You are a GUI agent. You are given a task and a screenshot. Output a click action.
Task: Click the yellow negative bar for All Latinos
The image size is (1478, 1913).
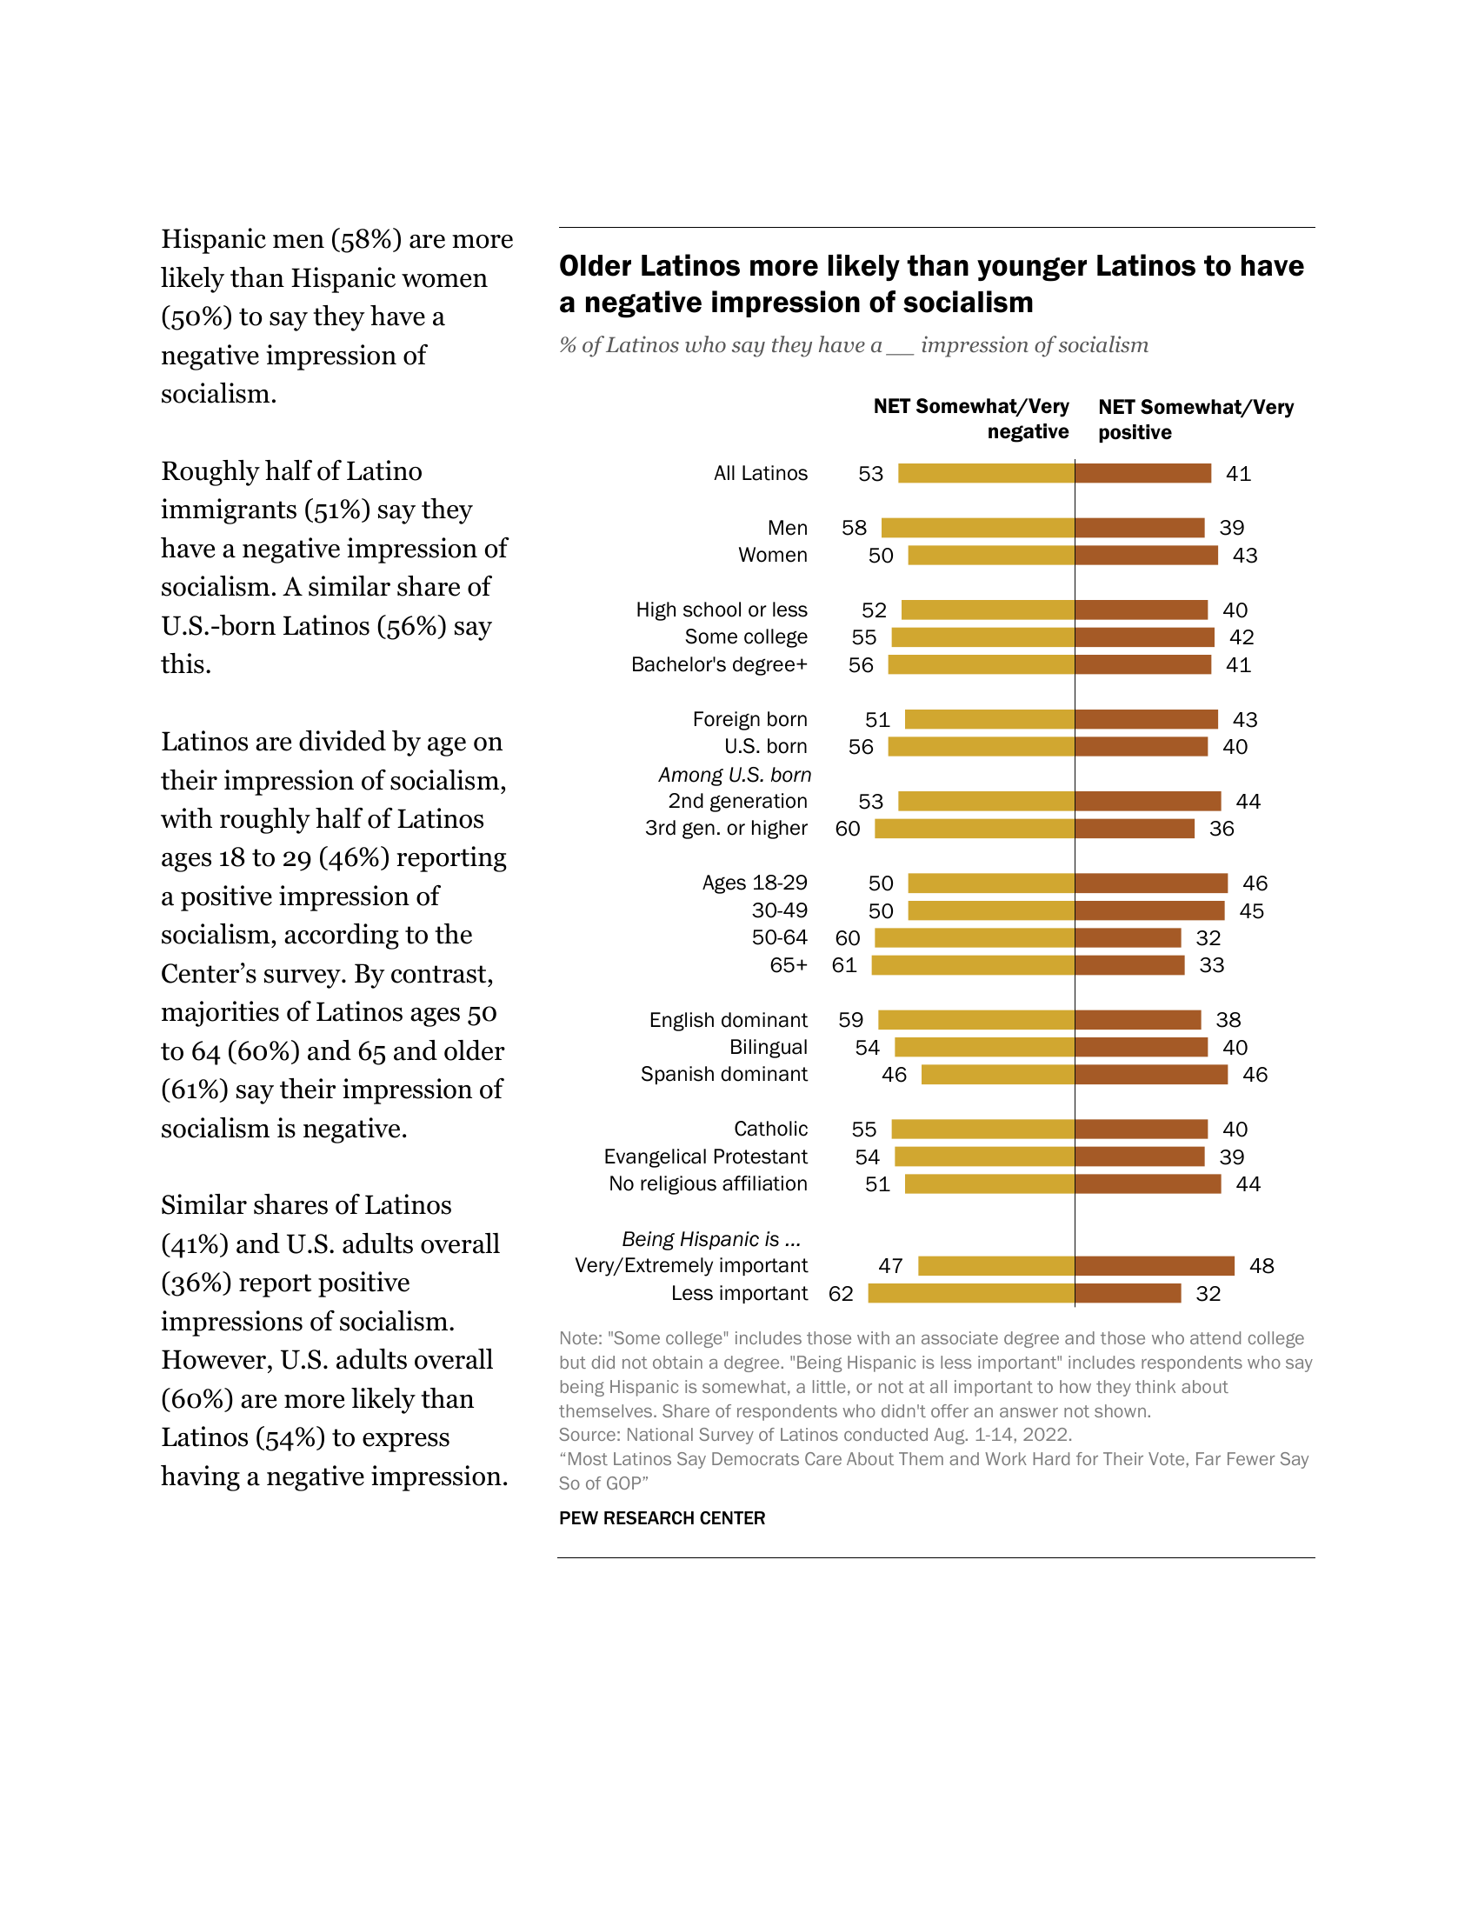pyautogui.click(x=986, y=473)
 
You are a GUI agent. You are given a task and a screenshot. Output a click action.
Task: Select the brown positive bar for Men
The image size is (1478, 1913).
pyautogui.click(x=1139, y=527)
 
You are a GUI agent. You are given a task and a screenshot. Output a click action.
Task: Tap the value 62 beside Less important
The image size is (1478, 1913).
pyautogui.click(x=840, y=1294)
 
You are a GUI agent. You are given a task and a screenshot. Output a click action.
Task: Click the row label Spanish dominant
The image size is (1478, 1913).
pyautogui.click(x=723, y=1074)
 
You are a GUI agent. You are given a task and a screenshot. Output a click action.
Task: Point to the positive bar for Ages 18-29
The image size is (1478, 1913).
pyautogui.click(x=1150, y=883)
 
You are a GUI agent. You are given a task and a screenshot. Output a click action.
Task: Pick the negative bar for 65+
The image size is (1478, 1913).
pyautogui.click(x=973, y=965)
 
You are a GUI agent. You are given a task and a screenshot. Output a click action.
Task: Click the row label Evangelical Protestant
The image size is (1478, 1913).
pyautogui.click(x=705, y=1156)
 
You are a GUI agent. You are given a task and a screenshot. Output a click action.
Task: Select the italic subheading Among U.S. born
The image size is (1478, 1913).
pyautogui.click(x=734, y=774)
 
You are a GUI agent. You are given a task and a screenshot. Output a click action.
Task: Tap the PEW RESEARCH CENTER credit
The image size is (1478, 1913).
pyautogui.click(x=661, y=1518)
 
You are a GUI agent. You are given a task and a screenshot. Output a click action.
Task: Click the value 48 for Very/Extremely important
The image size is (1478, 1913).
pyautogui.click(x=1261, y=1266)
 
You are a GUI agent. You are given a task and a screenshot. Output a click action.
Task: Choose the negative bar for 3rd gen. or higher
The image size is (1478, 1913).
pyautogui.click(x=975, y=829)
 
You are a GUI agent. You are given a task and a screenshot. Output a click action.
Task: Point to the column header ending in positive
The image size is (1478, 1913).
pyautogui.click(x=1195, y=420)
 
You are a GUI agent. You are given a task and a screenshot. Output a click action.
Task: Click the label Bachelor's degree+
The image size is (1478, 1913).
pyautogui.click(x=718, y=665)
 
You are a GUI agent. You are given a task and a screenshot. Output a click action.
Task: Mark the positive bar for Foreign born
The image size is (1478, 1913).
pyautogui.click(x=1146, y=719)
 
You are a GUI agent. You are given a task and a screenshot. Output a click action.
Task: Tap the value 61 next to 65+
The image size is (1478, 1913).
pyautogui.click(x=843, y=965)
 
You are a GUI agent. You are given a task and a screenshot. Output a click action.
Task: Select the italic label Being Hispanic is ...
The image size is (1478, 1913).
pyautogui.click(x=710, y=1238)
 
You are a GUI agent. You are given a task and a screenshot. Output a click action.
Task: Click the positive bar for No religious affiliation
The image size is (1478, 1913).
pyautogui.click(x=1147, y=1184)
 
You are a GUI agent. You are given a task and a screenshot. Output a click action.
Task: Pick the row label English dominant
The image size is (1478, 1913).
pyautogui.click(x=728, y=1020)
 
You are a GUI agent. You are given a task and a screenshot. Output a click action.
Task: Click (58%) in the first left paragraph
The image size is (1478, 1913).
pyautogui.click(x=366, y=239)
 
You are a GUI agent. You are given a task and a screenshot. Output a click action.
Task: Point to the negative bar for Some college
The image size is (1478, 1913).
pyautogui.click(x=982, y=637)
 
